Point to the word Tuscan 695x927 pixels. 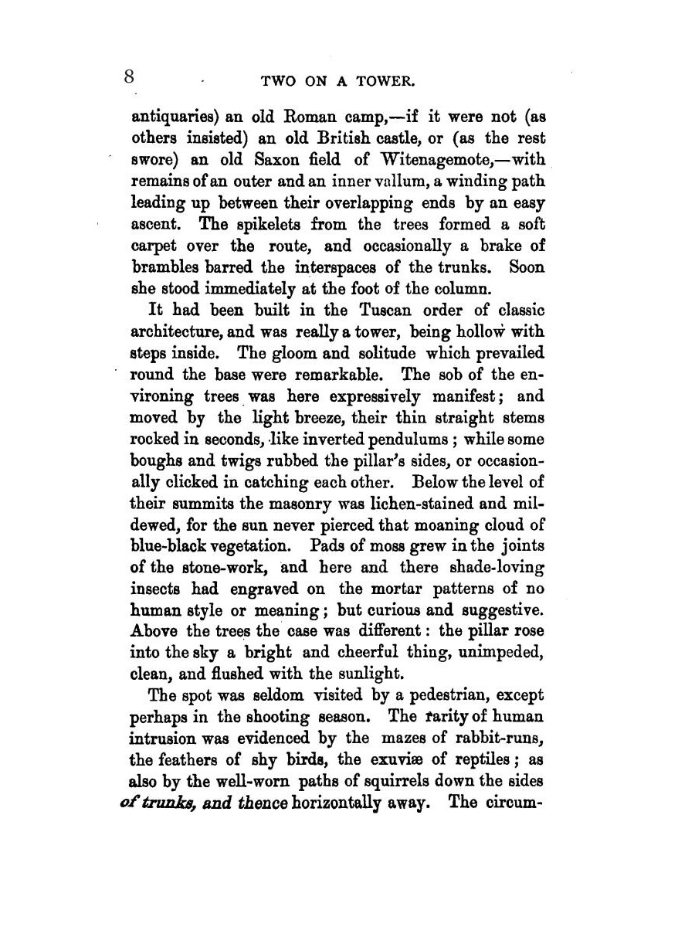(394, 311)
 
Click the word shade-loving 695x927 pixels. (497, 567)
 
